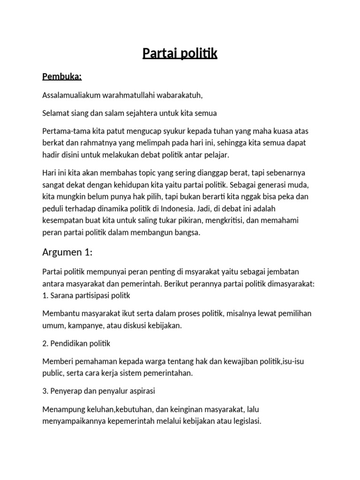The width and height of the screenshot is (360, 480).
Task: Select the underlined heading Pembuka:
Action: point(62,76)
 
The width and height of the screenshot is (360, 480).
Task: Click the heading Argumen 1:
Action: point(67,253)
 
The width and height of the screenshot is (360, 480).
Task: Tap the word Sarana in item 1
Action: point(62,296)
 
